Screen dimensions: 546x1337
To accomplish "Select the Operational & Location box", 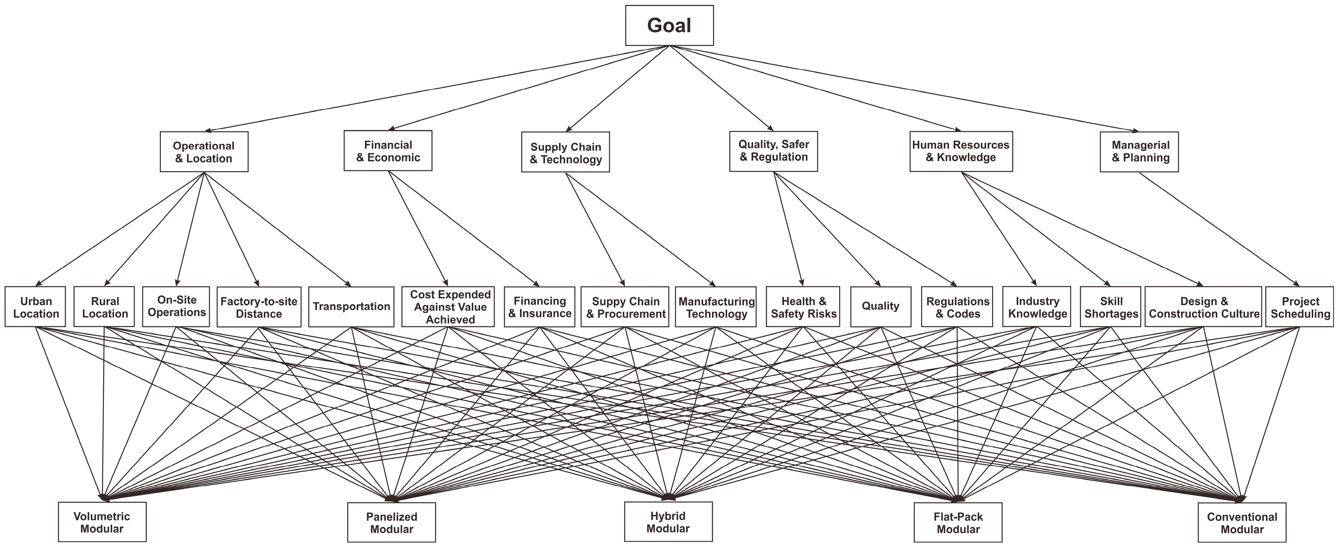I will click(204, 152).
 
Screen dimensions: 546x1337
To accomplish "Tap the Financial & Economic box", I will click(388, 151).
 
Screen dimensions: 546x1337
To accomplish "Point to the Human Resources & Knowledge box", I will click(961, 151).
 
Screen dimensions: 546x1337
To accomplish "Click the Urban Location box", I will click(35, 307).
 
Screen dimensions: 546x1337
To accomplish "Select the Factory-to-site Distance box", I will click(259, 307).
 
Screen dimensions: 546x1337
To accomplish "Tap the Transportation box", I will click(351, 307).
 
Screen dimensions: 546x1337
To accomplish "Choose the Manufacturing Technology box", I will click(716, 307).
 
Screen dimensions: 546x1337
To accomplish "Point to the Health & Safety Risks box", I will click(803, 307).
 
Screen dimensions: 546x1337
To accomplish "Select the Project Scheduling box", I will click(1299, 307).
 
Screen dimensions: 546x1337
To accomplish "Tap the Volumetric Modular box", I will click(102, 522).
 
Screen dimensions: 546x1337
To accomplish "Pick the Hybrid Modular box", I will click(668, 522).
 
